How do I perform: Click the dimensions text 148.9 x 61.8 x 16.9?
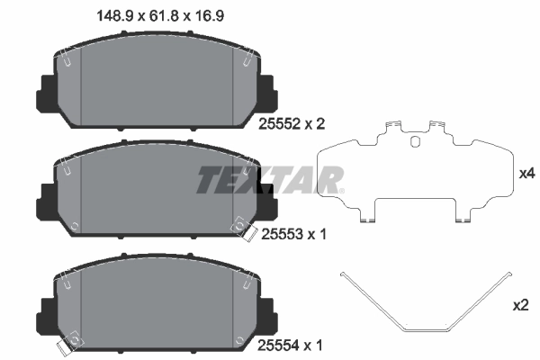pos(159,14)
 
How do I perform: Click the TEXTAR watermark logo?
pos(270,180)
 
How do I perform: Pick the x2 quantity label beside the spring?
pos(519,306)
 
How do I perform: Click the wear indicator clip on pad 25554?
pos(66,344)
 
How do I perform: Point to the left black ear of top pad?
pos(44,90)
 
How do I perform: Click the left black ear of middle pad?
pos(44,199)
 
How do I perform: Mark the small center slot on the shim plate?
pos(415,140)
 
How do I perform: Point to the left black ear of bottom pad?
pos(44,310)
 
